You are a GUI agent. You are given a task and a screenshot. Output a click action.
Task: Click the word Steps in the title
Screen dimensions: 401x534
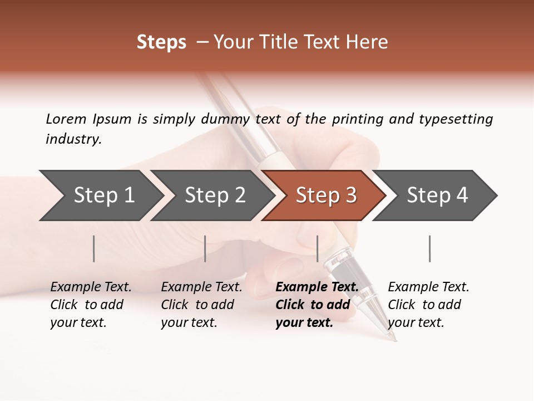tap(161, 42)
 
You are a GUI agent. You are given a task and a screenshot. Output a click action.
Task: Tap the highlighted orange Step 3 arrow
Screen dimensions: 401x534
tap(326, 195)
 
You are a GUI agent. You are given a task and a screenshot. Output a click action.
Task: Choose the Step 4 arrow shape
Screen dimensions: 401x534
tap(437, 195)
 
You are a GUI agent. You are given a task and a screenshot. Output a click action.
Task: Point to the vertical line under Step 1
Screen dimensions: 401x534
tap(94, 248)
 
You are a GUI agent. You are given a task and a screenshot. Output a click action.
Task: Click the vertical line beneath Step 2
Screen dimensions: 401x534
tap(205, 248)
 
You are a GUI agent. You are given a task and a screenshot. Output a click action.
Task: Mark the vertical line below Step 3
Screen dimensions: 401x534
tap(317, 248)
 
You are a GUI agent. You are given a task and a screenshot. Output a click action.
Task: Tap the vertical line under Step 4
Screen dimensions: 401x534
tap(429, 248)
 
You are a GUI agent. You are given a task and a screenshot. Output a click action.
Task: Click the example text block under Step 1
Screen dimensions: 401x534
tap(91, 305)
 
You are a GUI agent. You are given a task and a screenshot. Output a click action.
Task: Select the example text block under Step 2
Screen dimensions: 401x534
tap(201, 305)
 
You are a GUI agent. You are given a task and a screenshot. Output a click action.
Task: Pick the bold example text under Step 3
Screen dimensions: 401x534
tap(317, 305)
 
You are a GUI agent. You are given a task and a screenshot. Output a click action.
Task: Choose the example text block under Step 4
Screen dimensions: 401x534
tap(428, 305)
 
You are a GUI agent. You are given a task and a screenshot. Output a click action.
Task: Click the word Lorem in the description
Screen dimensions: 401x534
tap(66, 119)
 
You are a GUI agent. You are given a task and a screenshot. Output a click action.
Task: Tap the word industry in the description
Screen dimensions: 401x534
tap(73, 139)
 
